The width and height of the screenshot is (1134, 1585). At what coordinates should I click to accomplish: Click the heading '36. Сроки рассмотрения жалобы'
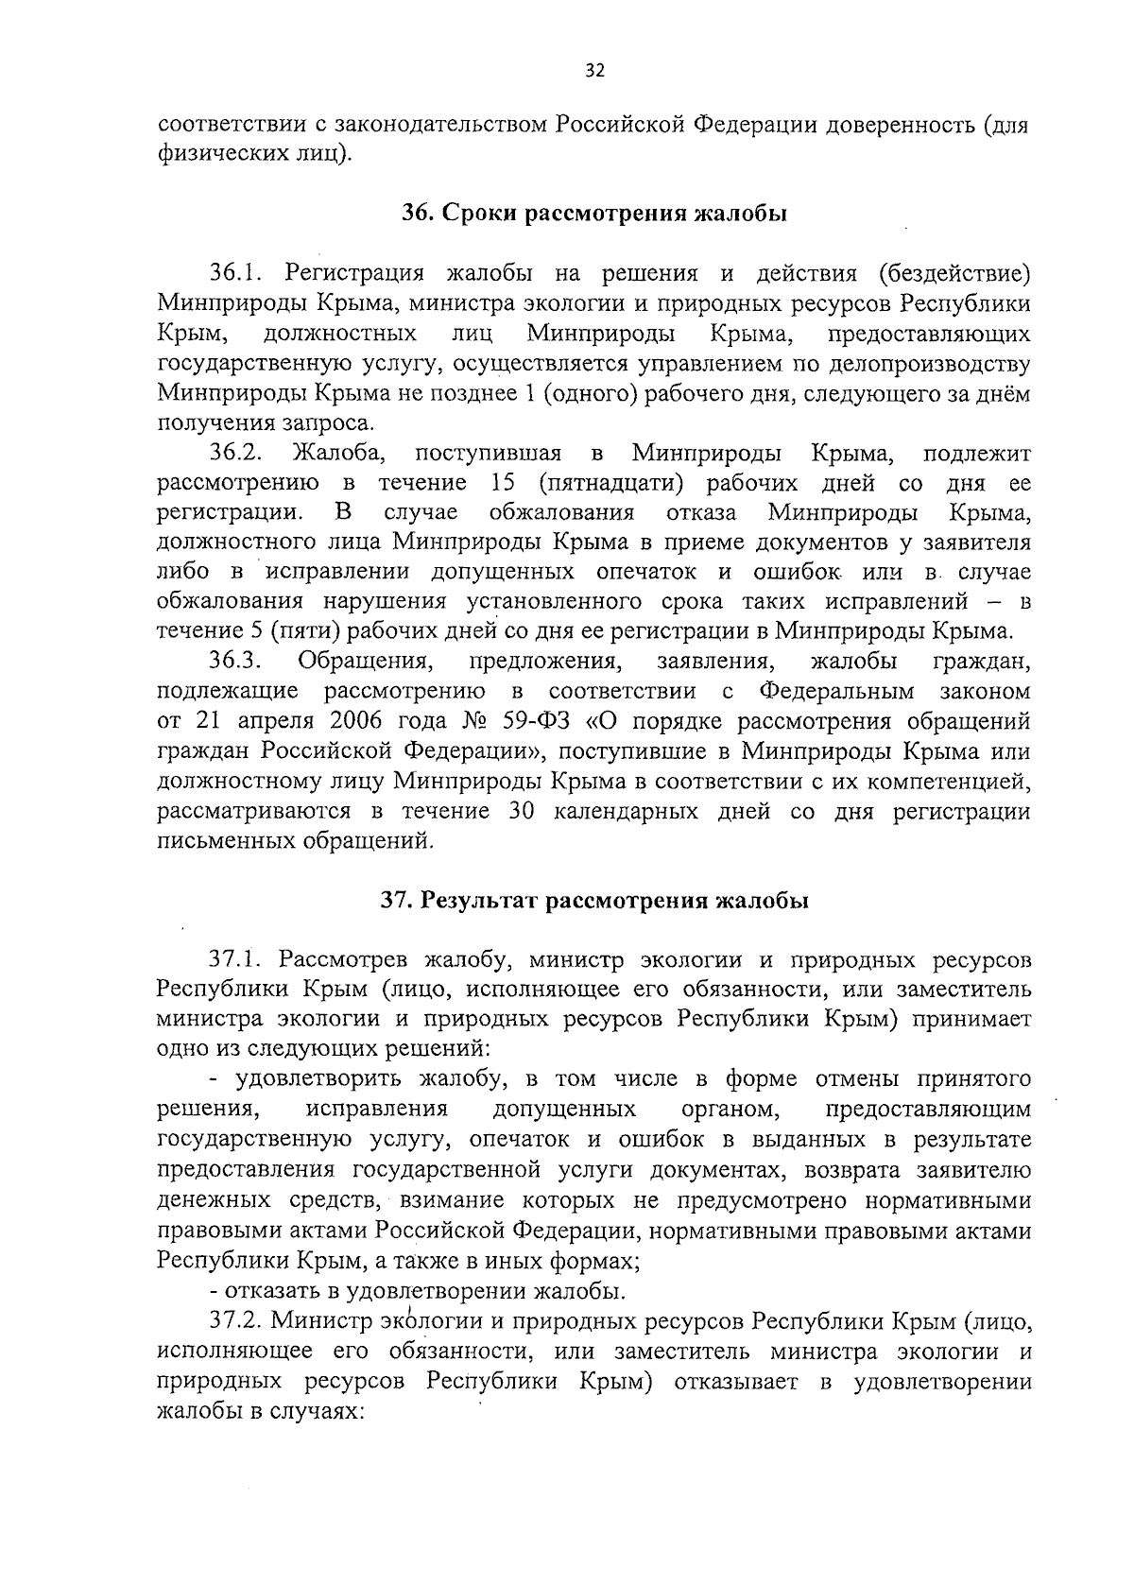[x=593, y=214]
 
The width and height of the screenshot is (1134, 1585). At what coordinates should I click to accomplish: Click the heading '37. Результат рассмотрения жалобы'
[x=594, y=901]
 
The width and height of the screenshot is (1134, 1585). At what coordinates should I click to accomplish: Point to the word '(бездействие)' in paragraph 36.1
[x=952, y=274]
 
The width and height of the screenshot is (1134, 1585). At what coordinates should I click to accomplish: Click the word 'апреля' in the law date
[x=269, y=721]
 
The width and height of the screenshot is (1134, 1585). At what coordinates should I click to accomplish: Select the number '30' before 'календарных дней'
[x=523, y=811]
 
